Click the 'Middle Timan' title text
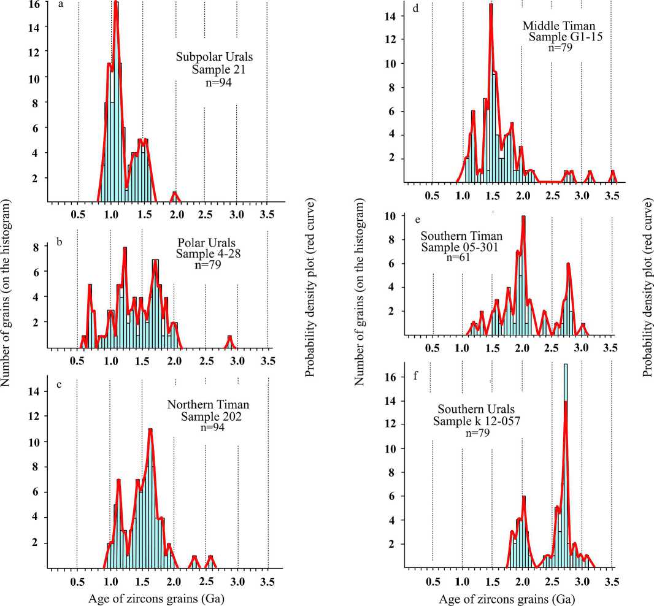(x=553, y=26)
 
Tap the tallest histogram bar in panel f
(x=565, y=460)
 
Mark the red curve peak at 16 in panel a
(x=115, y=5)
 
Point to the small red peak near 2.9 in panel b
(x=229, y=337)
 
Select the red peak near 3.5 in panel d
(x=612, y=172)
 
